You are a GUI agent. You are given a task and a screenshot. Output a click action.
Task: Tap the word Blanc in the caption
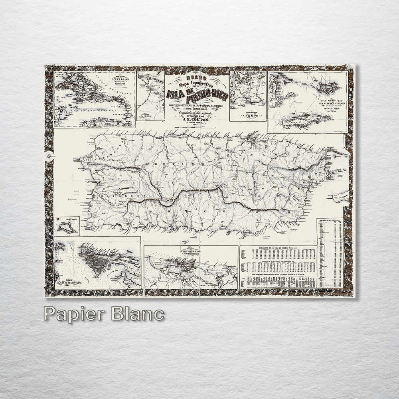(x=138, y=314)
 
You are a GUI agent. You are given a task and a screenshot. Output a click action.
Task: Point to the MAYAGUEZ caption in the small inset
(x=150, y=117)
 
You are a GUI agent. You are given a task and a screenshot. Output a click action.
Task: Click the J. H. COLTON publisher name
(x=197, y=117)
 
